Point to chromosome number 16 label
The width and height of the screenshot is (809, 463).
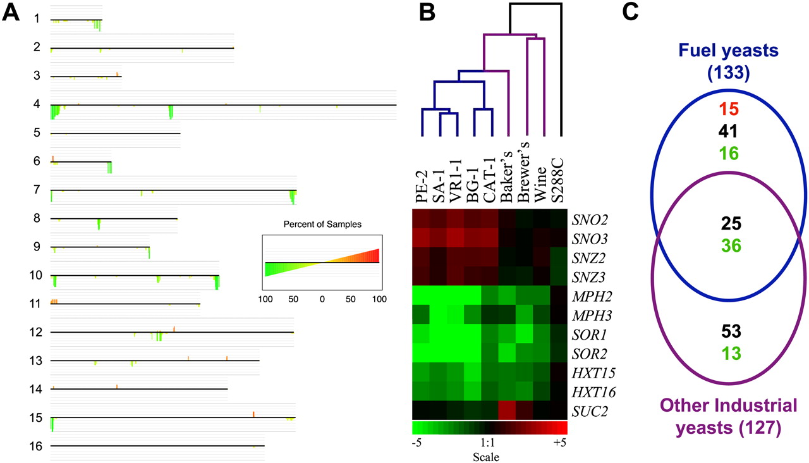[37, 447]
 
